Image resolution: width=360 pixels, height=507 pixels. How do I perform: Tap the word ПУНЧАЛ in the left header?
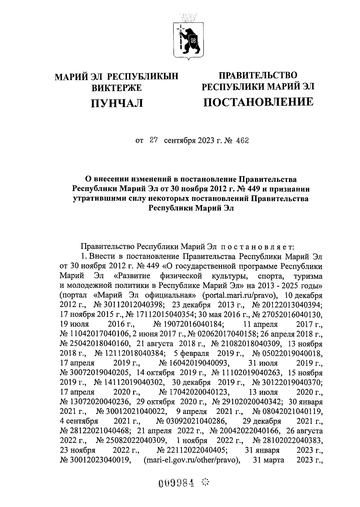117,103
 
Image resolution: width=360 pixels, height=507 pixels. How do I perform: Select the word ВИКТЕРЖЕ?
116,88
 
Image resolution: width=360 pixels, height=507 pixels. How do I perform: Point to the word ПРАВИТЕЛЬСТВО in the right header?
258,75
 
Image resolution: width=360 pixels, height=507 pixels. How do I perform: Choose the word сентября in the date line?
179,141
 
